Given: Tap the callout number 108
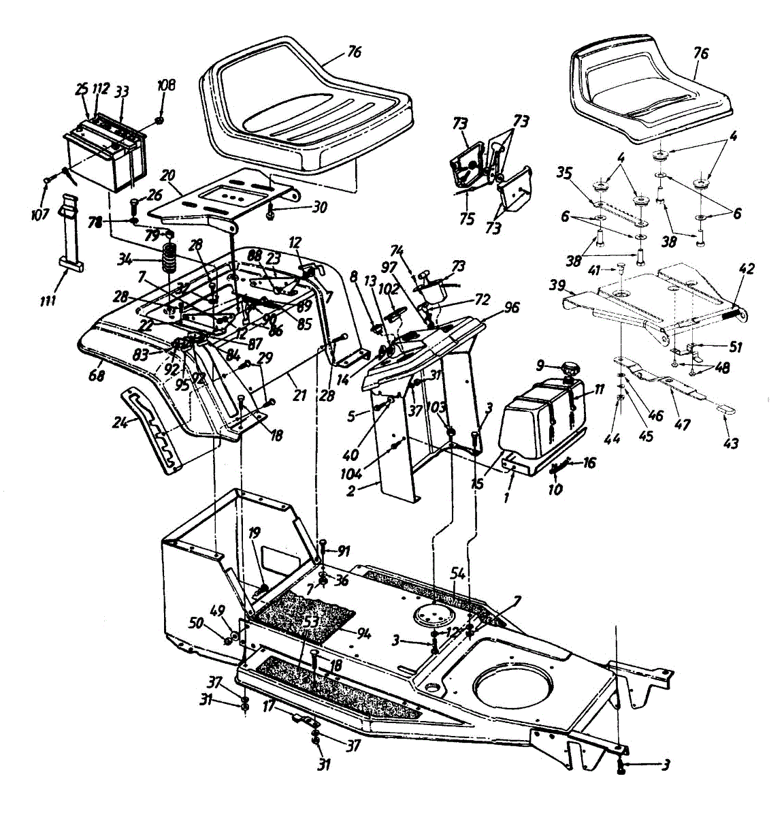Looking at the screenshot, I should click(x=166, y=85).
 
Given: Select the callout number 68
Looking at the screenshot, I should click(x=97, y=374).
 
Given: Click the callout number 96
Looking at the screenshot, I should click(x=511, y=307).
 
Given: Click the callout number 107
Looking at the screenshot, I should click(x=39, y=215).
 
